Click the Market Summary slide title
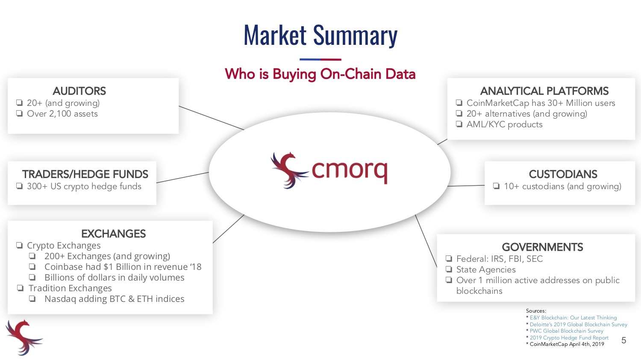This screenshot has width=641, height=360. pyautogui.click(x=320, y=35)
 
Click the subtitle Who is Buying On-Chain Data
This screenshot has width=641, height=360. pyautogui.click(x=320, y=74)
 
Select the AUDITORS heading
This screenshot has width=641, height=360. pyautogui.click(x=79, y=91)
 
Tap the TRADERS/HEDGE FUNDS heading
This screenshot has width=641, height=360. pyautogui.click(x=85, y=174)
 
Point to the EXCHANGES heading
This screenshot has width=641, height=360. pyautogui.click(x=114, y=234)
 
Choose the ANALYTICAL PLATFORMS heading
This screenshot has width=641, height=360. pyautogui.click(x=544, y=91)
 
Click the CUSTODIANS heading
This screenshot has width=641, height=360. pyautogui.click(x=563, y=174)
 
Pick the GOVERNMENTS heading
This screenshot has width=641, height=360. pyautogui.click(x=543, y=247)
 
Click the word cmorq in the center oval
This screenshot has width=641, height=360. pyautogui.click(x=350, y=171)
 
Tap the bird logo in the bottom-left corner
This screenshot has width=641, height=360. pyautogui.click(x=24, y=337)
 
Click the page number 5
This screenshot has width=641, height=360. pyautogui.click(x=624, y=340)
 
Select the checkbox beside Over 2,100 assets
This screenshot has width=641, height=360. pyautogui.click(x=20, y=114)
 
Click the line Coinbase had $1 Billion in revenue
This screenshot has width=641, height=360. pyautogui.click(x=123, y=267)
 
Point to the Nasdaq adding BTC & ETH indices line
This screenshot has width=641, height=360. pyautogui.click(x=115, y=299)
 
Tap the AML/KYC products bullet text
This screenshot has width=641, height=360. pyautogui.click(x=505, y=124)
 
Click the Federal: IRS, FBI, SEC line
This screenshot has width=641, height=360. pyautogui.click(x=500, y=259)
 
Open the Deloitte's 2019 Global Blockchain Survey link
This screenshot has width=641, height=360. pyautogui.click(x=578, y=324)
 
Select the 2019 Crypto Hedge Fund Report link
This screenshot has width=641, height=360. pyautogui.click(x=569, y=337)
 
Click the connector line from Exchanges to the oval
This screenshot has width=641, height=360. pyautogui.click(x=228, y=229)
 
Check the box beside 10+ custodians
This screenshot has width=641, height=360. pyautogui.click(x=497, y=186)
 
